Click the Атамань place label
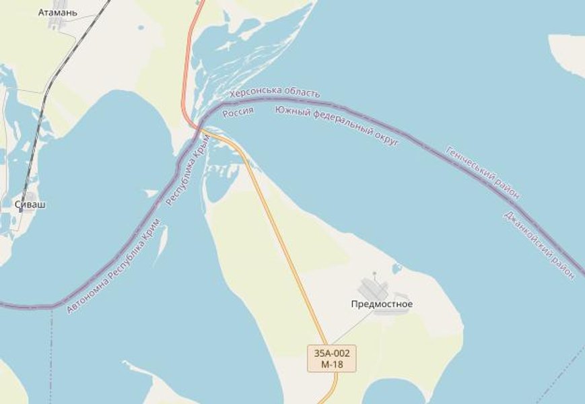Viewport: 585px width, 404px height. (58, 12)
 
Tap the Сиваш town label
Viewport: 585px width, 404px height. (30, 204)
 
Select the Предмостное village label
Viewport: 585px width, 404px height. (382, 304)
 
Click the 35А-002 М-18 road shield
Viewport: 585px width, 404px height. (331, 358)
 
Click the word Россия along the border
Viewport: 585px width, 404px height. (238, 112)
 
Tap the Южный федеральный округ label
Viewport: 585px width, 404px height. (337, 125)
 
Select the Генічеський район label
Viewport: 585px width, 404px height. (483, 172)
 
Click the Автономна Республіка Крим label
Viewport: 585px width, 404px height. (114, 266)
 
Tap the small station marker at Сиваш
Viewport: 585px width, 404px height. (21, 210)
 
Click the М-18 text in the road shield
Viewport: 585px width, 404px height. (331, 364)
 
